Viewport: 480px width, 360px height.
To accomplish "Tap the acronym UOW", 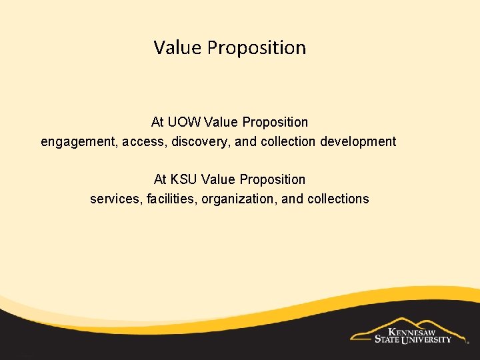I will [185, 122].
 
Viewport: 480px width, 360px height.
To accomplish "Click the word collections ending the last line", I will [337, 199].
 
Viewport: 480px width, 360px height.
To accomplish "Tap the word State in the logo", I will [387, 339].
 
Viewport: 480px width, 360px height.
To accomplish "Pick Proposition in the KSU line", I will [272, 179].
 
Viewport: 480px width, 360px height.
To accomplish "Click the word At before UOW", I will [157, 122].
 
